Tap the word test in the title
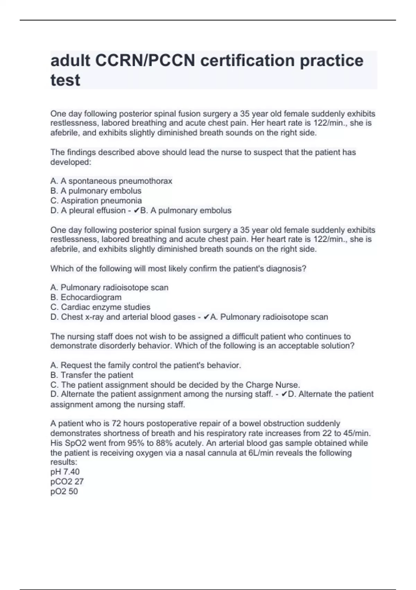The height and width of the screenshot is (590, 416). click(65, 80)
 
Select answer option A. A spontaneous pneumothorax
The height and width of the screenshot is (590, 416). click(111, 181)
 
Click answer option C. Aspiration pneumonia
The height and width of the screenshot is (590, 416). click(96, 201)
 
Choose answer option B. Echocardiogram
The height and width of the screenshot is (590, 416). click(86, 297)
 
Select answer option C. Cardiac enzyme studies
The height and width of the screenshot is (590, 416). click(100, 307)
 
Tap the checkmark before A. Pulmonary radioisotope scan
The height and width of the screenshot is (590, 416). click(206, 317)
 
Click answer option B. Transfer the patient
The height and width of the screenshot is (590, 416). click(92, 375)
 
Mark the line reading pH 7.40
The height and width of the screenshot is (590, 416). click(65, 472)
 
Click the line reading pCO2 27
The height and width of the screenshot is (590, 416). click(67, 481)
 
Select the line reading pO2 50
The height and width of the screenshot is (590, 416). click(64, 491)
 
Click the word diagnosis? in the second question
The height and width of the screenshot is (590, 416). click(286, 269)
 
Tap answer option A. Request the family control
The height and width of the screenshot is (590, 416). click(146, 365)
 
